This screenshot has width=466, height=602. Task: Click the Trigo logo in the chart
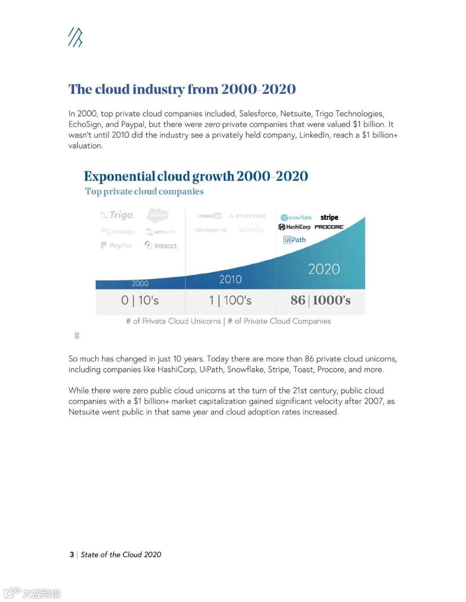pos(118,215)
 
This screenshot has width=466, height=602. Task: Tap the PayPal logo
pos(116,245)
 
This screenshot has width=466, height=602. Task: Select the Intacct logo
pos(161,246)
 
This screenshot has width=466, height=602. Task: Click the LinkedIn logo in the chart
pos(209,216)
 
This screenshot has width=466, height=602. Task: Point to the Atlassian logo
pos(247,216)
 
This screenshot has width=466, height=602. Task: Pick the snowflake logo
pos(296,218)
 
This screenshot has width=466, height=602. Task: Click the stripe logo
pos(329,217)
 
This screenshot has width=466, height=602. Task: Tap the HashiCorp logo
pos(294,227)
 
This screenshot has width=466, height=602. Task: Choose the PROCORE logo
pos(329,227)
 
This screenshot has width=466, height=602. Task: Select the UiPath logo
pos(294,240)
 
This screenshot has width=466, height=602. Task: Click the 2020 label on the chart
pos(324,269)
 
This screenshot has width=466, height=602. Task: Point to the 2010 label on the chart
pos(230,279)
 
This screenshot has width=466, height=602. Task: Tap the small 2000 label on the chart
pos(140,284)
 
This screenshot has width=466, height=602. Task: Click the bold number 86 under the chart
pos(298,300)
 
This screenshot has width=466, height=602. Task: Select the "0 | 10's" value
pos(140,300)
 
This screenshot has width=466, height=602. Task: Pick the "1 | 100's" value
pos(230,300)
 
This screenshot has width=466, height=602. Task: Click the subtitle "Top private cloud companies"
pos(144,191)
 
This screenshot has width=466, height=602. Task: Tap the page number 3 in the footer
pos(72,555)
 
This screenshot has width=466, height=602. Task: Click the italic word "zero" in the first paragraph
pos(212,125)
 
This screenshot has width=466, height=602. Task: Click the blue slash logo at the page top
pos(75,37)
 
